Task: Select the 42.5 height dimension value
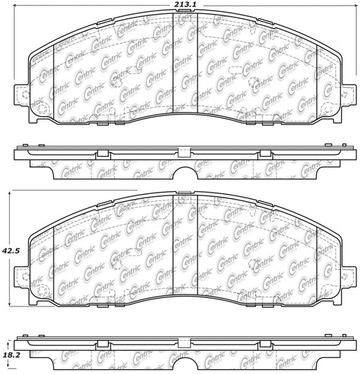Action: [11, 251]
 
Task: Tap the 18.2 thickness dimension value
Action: [11, 356]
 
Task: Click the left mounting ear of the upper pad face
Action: [22, 94]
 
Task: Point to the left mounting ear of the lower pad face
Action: [22, 276]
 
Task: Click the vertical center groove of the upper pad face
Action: [185, 63]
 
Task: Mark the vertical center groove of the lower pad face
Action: [185, 245]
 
